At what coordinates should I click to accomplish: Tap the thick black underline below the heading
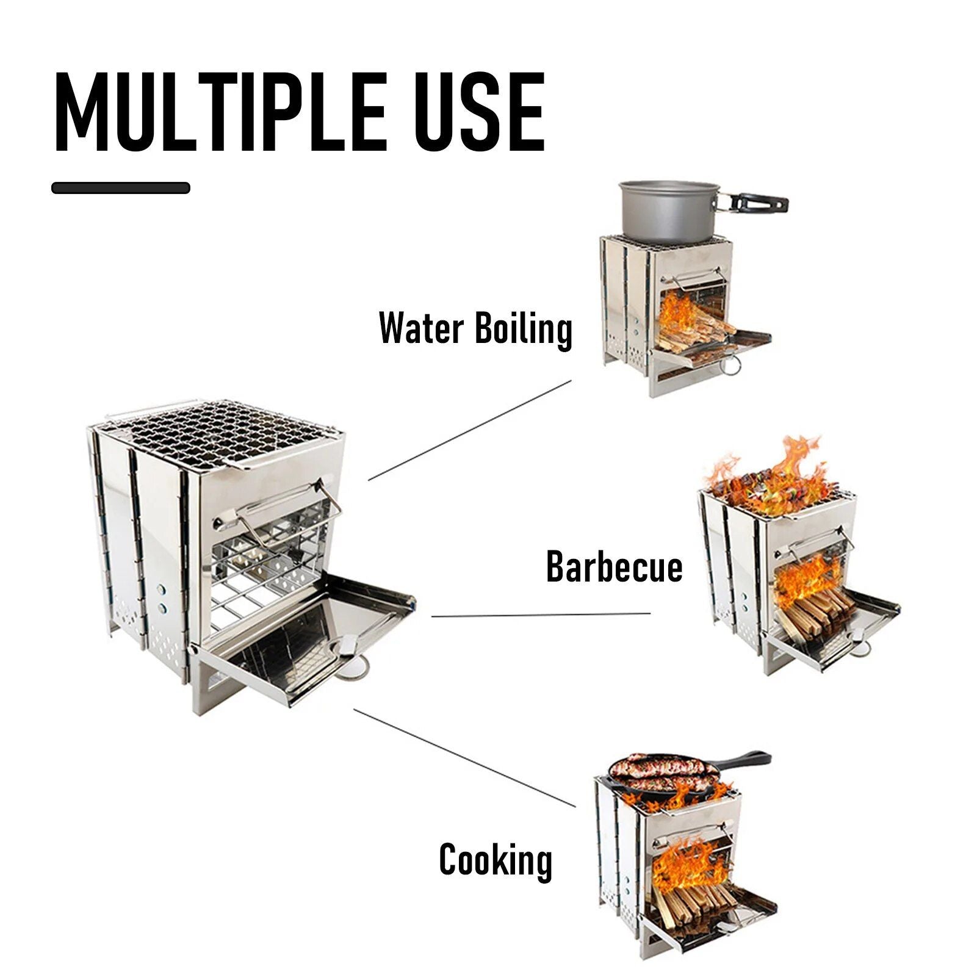click(x=121, y=188)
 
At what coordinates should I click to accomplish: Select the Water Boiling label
click(x=475, y=329)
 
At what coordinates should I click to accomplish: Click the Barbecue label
click(x=614, y=566)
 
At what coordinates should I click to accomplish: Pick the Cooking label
click(x=496, y=859)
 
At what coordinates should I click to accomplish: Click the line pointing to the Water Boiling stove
click(x=470, y=430)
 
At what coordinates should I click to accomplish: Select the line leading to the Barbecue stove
click(x=541, y=615)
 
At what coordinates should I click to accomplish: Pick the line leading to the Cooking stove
click(x=464, y=757)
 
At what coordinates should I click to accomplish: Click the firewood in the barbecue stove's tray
click(x=815, y=616)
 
